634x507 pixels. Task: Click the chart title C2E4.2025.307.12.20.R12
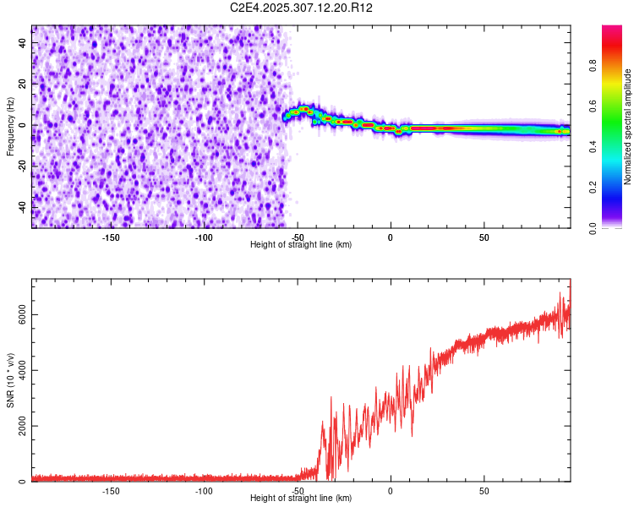(x=302, y=8)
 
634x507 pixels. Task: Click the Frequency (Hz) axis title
(x=10, y=127)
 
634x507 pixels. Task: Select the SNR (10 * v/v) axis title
(x=10, y=379)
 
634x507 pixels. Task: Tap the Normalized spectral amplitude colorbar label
(x=628, y=127)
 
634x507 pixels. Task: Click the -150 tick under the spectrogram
(x=111, y=237)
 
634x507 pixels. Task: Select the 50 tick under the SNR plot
(x=484, y=490)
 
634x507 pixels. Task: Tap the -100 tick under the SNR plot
(x=204, y=490)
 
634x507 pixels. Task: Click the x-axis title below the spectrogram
(x=301, y=245)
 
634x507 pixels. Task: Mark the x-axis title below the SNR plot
(x=301, y=499)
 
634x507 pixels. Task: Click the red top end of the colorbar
(x=612, y=30)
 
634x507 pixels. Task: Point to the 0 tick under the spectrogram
(x=391, y=237)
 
